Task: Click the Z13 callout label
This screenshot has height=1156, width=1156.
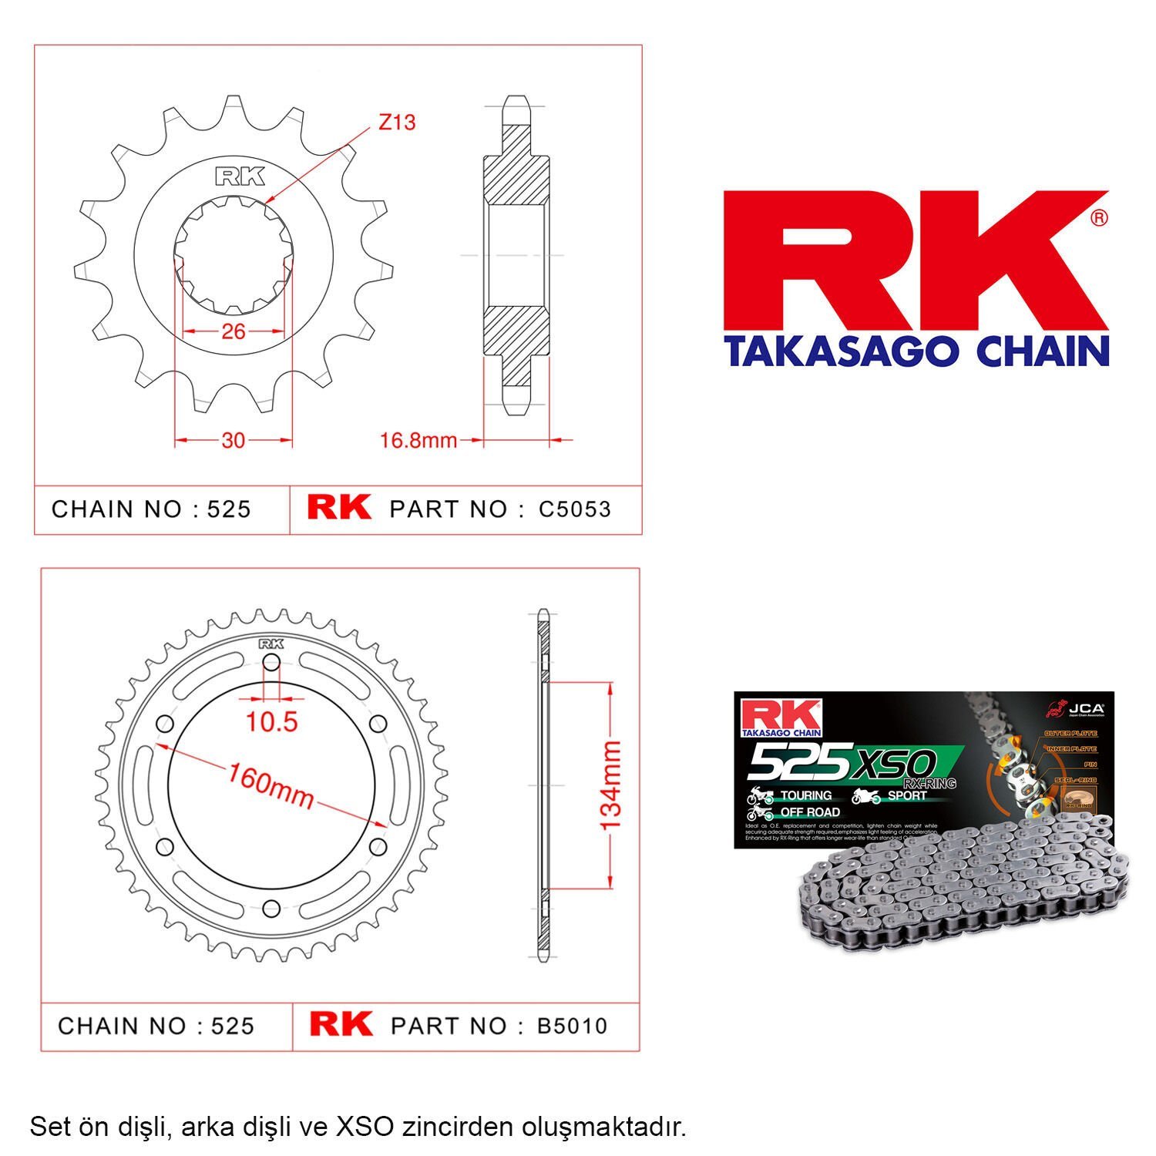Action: coord(397,122)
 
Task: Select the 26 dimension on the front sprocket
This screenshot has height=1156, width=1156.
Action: coord(233,331)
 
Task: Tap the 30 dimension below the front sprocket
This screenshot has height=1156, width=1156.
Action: coord(233,440)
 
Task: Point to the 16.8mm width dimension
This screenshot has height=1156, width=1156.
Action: coord(418,441)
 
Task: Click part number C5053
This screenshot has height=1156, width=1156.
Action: coord(574,509)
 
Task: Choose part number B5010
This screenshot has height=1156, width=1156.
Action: coord(572,1027)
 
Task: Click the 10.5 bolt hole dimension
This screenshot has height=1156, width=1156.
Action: coord(271,721)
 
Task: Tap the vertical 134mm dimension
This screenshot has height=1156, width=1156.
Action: coord(610,785)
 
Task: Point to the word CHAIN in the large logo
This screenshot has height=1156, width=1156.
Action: coord(1042,351)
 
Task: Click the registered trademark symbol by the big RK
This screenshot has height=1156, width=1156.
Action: coord(1100,218)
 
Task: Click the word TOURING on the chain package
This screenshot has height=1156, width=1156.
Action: coord(805,795)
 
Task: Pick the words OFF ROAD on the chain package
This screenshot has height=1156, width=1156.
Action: coord(809,812)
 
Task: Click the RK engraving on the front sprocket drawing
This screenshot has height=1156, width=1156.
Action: coord(240,176)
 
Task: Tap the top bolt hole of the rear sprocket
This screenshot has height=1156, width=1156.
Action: coord(271,663)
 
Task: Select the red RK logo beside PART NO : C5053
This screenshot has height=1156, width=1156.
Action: coord(339,508)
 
